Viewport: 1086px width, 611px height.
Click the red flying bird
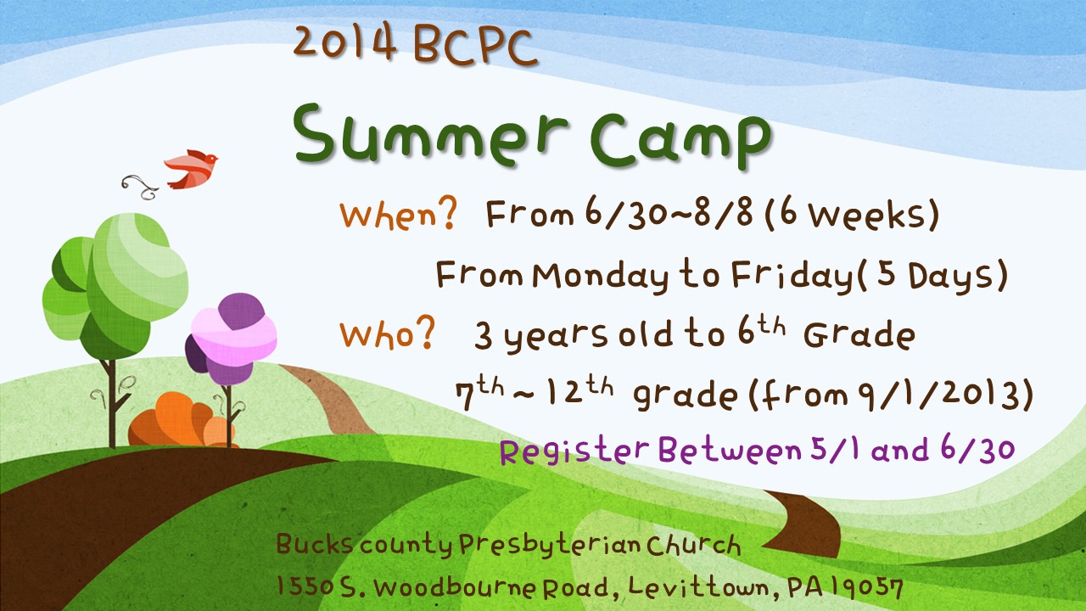[192, 169]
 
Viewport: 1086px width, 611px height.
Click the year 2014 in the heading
[344, 42]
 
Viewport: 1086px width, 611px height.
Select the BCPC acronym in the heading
[476, 46]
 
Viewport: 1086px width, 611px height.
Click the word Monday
[600, 277]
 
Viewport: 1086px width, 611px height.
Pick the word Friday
[792, 276]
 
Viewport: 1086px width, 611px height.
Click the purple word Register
[574, 451]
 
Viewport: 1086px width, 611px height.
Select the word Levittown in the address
[698, 588]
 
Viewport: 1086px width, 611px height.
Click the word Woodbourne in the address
[455, 588]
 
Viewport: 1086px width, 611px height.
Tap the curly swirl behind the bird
[140, 188]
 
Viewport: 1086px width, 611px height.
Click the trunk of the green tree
[113, 403]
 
